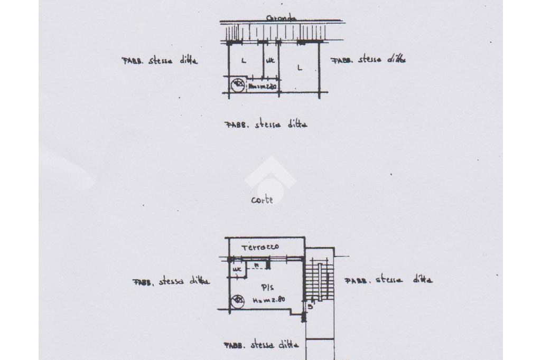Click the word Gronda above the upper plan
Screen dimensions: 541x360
click(282, 18)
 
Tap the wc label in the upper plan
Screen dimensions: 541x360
click(270, 61)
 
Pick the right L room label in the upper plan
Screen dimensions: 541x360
click(299, 67)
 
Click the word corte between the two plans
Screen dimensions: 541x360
click(262, 200)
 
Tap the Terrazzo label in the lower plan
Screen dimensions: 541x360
click(260, 247)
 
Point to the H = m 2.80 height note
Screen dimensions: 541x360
click(269, 299)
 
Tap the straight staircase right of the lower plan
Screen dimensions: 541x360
click(320, 280)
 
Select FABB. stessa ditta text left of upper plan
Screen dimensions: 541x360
click(160, 61)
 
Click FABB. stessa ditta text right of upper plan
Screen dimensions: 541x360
click(369, 60)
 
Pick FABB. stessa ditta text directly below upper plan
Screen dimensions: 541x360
click(266, 125)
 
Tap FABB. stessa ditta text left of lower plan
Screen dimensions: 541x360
click(171, 281)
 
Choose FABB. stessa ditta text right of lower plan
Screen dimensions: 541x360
click(388, 280)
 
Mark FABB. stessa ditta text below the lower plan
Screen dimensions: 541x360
click(262, 346)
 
